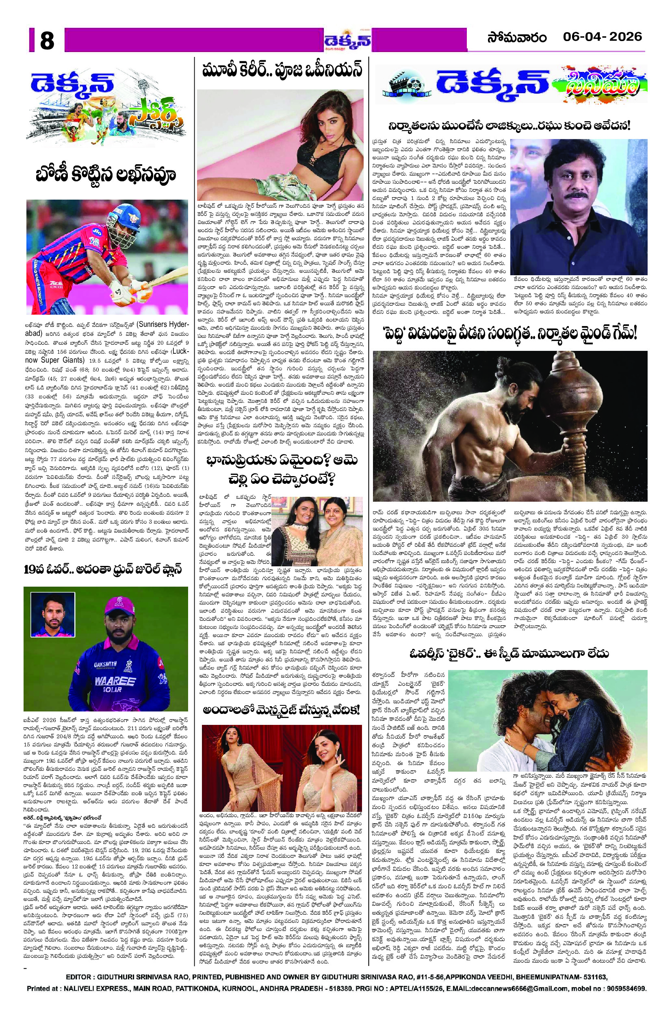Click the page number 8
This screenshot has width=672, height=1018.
(47, 41)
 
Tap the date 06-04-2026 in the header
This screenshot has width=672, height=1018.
(602, 37)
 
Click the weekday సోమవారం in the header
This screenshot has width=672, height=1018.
(516, 38)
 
